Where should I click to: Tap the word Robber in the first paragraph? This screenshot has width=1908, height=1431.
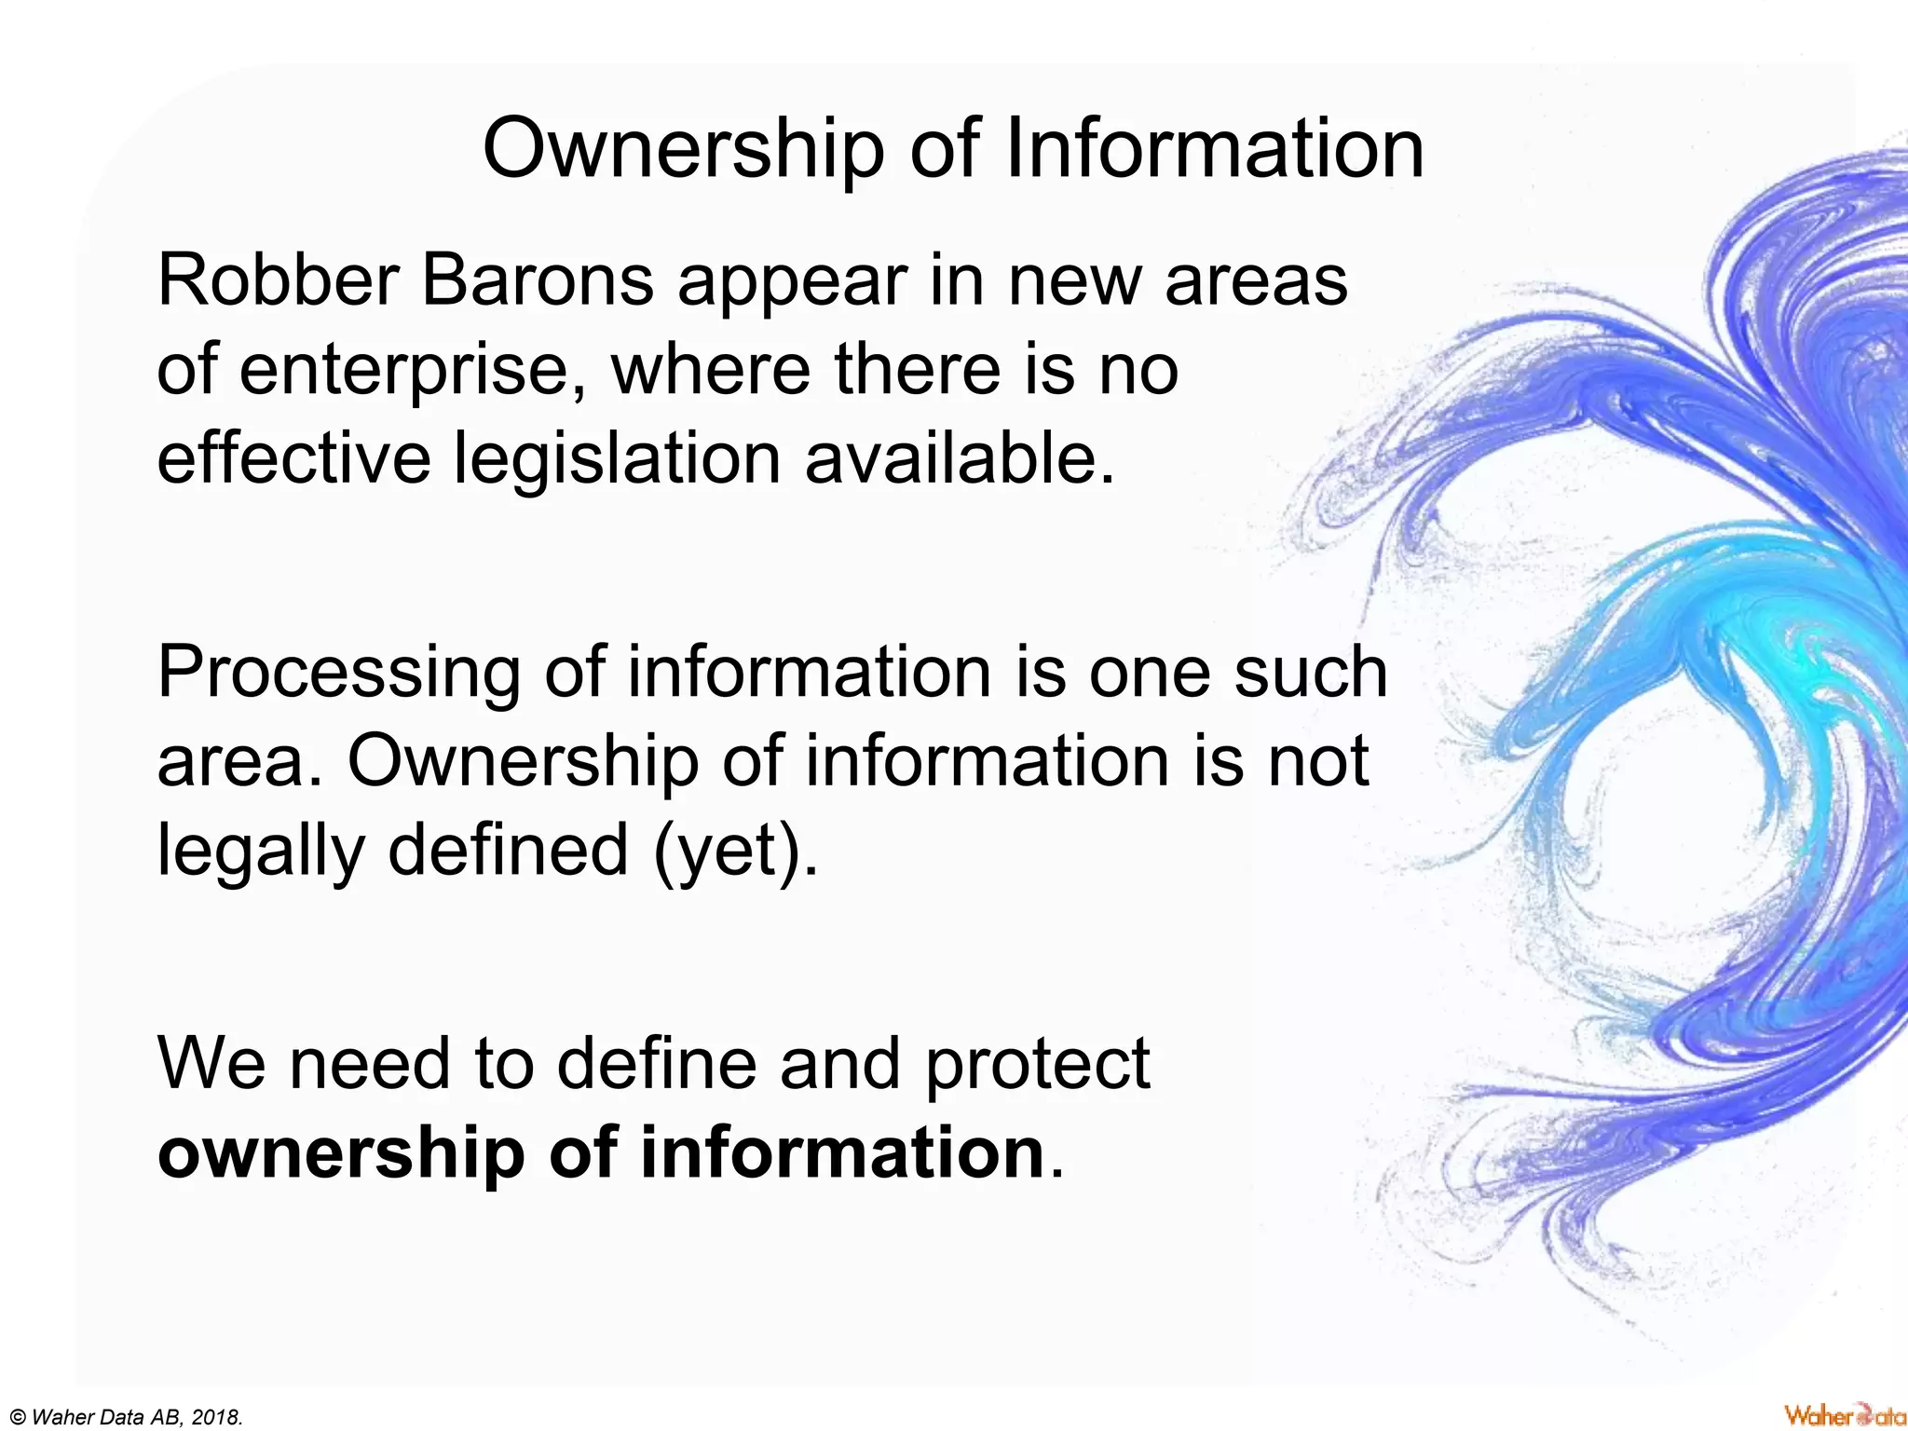click(x=279, y=279)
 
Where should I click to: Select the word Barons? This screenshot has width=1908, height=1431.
click(x=538, y=279)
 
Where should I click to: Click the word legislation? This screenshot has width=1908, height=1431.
click(x=617, y=458)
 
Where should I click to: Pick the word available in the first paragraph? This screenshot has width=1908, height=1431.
click(x=960, y=458)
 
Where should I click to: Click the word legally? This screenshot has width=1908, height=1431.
click(x=261, y=852)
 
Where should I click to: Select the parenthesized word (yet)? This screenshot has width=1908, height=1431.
click(x=736, y=852)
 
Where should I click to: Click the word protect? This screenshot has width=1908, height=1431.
click(x=1037, y=1065)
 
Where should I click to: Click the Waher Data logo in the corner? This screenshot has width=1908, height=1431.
click(x=1845, y=1415)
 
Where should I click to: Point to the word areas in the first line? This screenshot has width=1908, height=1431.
click(x=1256, y=279)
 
